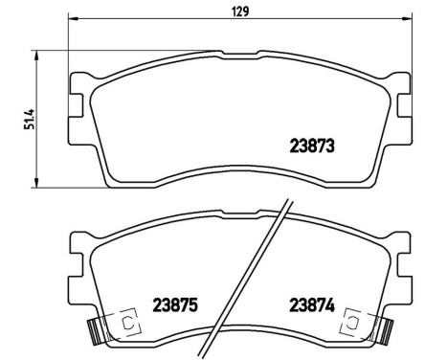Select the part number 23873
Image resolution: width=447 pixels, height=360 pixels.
point(317,146)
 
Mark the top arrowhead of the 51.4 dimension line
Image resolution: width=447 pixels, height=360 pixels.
point(36,56)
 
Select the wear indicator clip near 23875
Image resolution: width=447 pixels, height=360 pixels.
point(95,330)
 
